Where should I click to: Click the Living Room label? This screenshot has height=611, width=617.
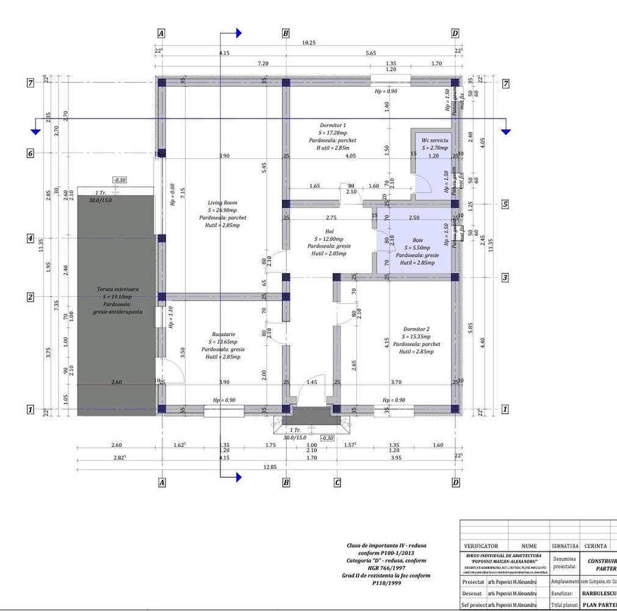coord(222,202)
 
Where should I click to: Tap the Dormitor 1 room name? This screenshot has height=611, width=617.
coord(333,125)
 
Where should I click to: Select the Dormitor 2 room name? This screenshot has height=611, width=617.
coord(416,329)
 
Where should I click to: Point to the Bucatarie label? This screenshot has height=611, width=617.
coord(224,335)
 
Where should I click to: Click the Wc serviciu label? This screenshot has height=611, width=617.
coord(435,140)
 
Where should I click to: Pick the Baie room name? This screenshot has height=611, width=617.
coord(417,240)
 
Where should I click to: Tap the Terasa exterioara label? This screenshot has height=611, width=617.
coord(117,288)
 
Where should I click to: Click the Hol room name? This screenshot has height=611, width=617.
coord(329,232)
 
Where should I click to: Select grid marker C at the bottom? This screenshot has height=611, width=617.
coord(337,483)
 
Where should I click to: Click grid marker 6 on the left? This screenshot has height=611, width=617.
coord(30,153)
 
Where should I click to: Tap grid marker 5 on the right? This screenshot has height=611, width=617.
coord(505,204)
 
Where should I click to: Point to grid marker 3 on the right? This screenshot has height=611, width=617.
coord(505,278)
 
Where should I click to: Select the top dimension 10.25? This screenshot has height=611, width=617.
coord(309,43)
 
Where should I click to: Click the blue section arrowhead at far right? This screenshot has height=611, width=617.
coord(505,130)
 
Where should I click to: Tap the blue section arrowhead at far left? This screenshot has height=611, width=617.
coord(36,130)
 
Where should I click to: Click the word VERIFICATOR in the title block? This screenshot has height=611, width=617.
coord(481,546)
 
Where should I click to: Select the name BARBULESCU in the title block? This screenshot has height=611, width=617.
coord(598,593)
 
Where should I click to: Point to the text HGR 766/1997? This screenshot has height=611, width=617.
coord(382,568)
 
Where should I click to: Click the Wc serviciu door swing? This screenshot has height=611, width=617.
coord(420,184)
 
